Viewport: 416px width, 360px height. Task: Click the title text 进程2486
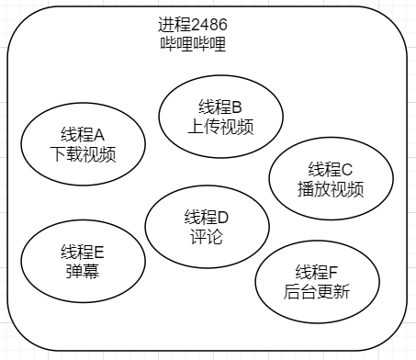(x=193, y=25)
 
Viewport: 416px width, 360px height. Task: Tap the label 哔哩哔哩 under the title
(x=193, y=43)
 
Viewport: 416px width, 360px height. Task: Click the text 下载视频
(x=83, y=153)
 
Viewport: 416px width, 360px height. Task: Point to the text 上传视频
(x=220, y=126)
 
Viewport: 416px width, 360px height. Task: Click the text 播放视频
(x=331, y=188)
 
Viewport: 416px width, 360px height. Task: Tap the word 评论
(x=207, y=236)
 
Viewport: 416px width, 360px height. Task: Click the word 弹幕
(x=83, y=271)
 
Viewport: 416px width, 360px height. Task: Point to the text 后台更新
(x=317, y=291)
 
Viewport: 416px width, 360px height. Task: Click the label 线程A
(x=83, y=134)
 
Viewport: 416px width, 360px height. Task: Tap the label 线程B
(x=220, y=107)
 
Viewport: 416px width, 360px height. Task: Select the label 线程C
(x=331, y=169)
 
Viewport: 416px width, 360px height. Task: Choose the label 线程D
(x=207, y=217)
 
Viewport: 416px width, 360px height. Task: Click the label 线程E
(x=83, y=252)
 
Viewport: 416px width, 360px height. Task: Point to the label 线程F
(x=317, y=272)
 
